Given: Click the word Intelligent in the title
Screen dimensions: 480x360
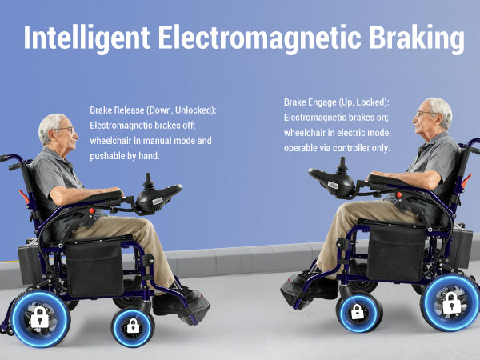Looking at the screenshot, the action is point(86,38).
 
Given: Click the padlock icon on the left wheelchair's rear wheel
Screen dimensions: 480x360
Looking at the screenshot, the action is point(40,317).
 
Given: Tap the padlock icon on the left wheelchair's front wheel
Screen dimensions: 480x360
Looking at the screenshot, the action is point(133,326).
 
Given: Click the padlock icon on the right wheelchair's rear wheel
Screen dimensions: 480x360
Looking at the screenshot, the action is point(451,302).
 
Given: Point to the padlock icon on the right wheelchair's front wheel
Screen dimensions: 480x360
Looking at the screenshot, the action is point(358,312).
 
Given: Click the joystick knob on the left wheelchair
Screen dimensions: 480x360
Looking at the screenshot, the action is point(149,182).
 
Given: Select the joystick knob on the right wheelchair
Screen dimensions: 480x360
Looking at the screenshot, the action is point(342,166).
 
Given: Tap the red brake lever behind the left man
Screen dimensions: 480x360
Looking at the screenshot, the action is point(24,197).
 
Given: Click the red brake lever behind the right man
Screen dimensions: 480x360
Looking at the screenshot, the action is point(466,180).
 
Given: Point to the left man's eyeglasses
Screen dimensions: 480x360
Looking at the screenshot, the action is point(66,130).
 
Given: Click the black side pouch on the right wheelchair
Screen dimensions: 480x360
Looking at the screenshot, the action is point(395,254).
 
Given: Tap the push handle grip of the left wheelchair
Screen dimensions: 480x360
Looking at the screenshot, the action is point(15,166).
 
